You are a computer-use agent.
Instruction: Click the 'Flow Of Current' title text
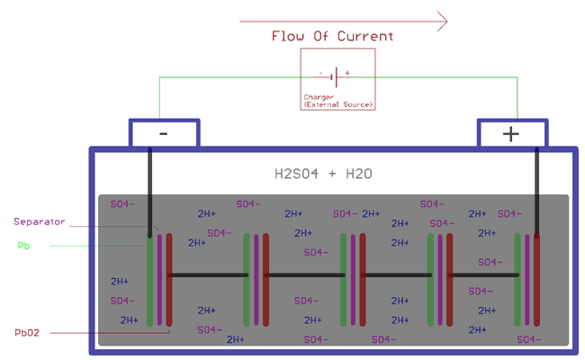[x=333, y=37]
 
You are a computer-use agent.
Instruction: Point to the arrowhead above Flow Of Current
[x=441, y=21]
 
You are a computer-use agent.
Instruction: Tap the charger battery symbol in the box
[x=337, y=76]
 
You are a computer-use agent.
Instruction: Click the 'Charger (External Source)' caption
[x=337, y=101]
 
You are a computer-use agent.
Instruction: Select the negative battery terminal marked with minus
[x=163, y=133]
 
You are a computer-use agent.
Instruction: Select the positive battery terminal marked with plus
[x=510, y=133]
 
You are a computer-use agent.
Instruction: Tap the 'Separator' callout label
[x=39, y=221]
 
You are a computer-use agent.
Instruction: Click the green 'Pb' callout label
[x=23, y=245]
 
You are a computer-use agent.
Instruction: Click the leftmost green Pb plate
[x=150, y=279]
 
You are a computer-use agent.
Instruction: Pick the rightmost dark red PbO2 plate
[x=537, y=279]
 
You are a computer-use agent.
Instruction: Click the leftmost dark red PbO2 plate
[x=169, y=279]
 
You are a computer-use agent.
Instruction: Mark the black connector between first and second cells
[x=208, y=274]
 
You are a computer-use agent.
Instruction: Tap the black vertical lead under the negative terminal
[x=150, y=189]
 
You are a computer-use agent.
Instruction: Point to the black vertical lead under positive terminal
[x=537, y=189]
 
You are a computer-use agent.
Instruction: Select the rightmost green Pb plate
[x=517, y=279]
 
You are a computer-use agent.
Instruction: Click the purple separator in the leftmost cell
[x=159, y=279]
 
